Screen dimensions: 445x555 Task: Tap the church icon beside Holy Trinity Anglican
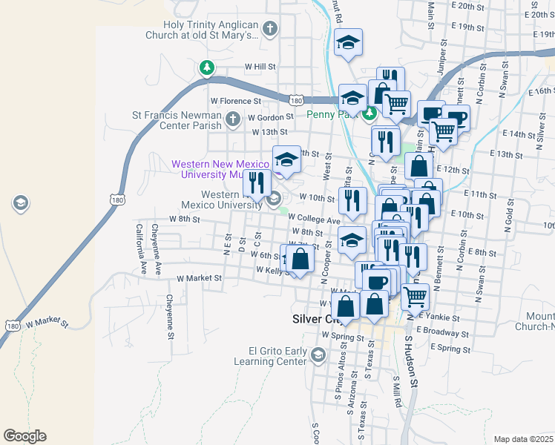tap(269, 29)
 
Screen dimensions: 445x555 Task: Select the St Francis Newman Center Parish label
tap(177, 120)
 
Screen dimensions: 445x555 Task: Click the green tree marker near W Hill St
tap(207, 68)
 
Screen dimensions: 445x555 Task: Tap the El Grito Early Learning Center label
tap(270, 356)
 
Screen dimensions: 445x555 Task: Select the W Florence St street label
tap(236, 100)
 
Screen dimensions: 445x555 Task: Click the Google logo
tap(24, 435)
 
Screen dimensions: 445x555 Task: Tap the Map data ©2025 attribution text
tap(522, 439)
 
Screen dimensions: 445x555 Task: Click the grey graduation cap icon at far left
tap(21, 202)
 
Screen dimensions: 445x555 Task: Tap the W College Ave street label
tap(314, 220)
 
